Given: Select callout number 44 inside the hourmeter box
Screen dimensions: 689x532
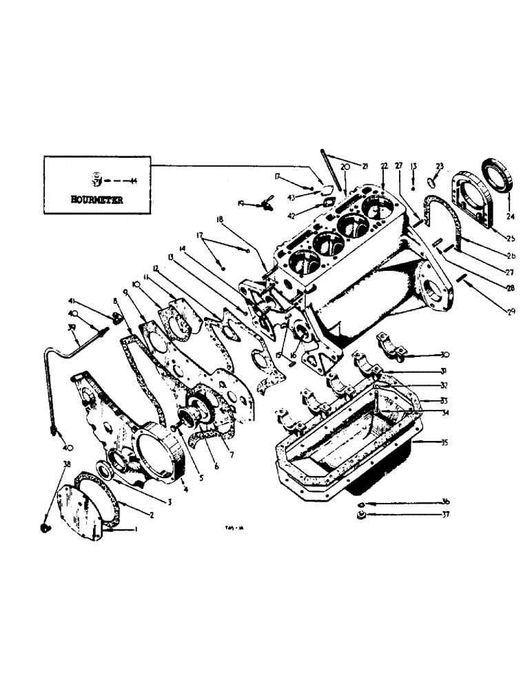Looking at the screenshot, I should [x=133, y=181].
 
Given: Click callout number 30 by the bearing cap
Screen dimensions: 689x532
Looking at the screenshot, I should [x=445, y=355].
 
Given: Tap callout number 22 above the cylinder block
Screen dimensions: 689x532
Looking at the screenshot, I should [x=384, y=166].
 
